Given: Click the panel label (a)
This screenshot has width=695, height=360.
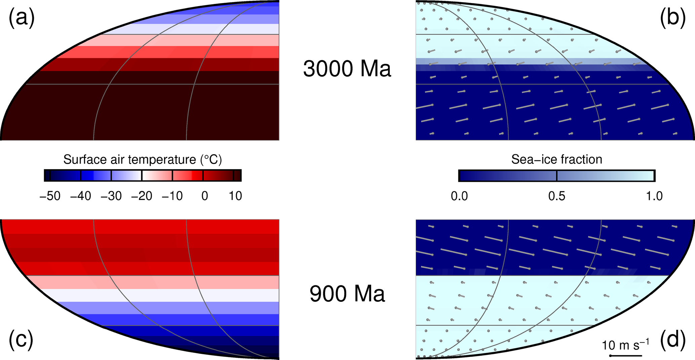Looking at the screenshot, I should (x=22, y=17).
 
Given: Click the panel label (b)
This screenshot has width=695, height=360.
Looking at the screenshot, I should (x=672, y=17).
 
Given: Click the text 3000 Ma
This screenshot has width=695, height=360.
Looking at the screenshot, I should (x=347, y=69).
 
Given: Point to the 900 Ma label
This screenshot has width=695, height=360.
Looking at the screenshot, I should (x=347, y=294).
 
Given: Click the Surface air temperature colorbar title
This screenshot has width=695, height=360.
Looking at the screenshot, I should (x=143, y=159).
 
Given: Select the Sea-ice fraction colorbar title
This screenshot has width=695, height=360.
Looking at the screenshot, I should (x=556, y=159).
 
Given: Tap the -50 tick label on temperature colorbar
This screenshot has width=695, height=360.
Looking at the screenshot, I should (x=50, y=196).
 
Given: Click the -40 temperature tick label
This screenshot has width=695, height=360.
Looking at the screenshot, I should (x=80, y=196).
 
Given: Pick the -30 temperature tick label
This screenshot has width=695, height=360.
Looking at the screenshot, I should (x=111, y=196).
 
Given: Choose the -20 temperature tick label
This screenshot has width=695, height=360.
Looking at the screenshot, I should (x=142, y=196).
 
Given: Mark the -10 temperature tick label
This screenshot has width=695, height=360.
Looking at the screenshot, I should (x=172, y=196).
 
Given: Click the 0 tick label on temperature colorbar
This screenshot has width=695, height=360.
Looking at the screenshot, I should (x=204, y=196).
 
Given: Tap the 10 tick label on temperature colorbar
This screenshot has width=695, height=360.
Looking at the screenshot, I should (x=235, y=196).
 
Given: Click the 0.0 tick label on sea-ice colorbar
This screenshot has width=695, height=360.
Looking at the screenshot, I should (x=459, y=196).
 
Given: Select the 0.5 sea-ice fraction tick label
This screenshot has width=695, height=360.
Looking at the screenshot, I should (x=557, y=196).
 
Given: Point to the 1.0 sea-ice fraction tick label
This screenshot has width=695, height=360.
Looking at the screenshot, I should (x=654, y=196).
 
